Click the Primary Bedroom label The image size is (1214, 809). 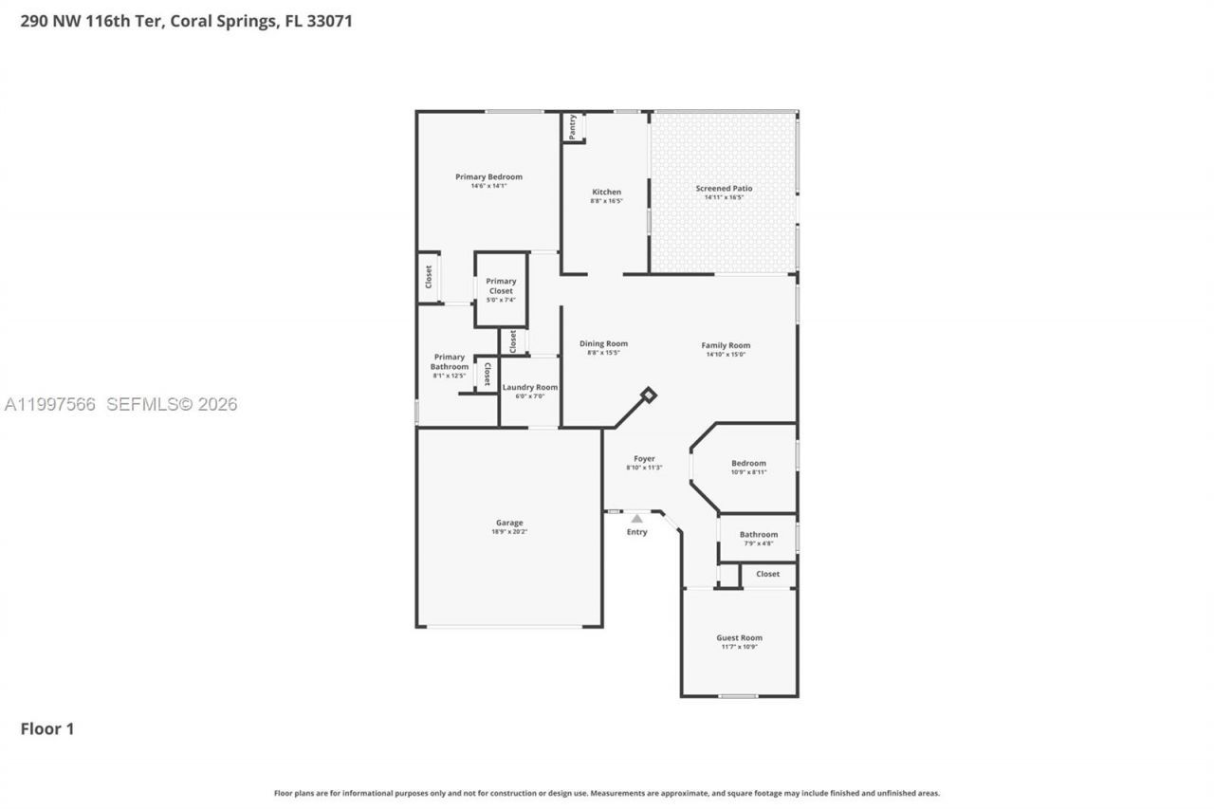tap(488, 176)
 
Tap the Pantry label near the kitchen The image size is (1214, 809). tap(572, 126)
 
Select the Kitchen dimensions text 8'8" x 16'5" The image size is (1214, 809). tap(606, 201)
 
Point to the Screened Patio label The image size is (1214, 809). tap(724, 189)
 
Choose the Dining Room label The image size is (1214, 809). tap(603, 343)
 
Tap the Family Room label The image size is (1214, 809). tap(726, 345)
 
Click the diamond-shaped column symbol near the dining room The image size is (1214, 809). tap(649, 394)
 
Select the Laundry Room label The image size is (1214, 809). tap(530, 387)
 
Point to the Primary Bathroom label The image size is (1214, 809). tap(450, 361)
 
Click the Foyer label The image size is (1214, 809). tap(644, 459)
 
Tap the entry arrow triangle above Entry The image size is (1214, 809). tap(637, 519)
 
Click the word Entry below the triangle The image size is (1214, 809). tap(637, 532)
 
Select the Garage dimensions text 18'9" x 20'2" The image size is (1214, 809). tap(509, 532)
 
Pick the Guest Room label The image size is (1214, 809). tap(739, 638)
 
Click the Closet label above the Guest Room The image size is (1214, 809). tap(767, 574)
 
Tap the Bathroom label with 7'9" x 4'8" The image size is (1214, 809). tap(759, 535)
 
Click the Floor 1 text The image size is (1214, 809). tap(47, 728)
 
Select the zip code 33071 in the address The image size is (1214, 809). tap(330, 21)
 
